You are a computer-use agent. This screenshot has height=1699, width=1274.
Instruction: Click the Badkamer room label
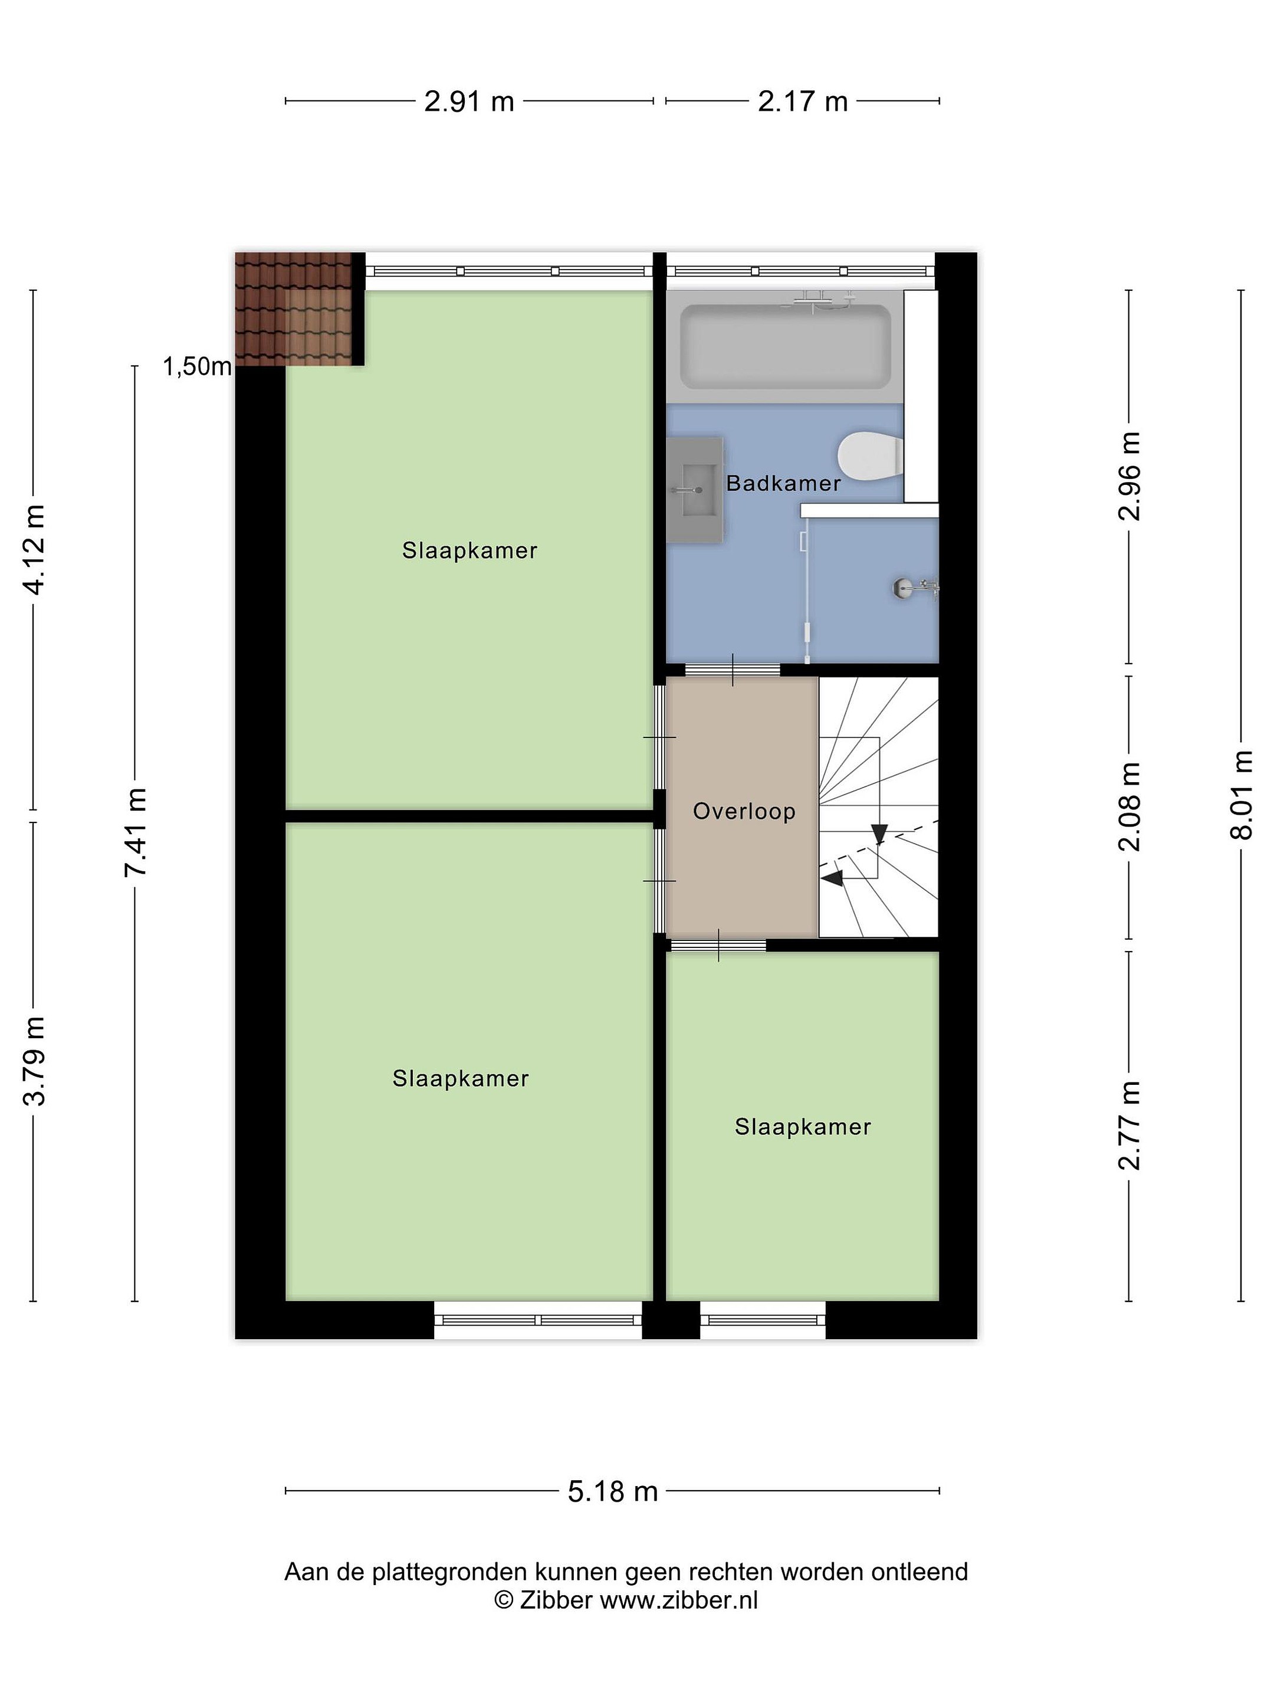[x=783, y=483]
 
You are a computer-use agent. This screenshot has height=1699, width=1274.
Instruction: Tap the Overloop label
[x=743, y=811]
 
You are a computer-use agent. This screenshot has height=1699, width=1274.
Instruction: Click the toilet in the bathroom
[x=870, y=456]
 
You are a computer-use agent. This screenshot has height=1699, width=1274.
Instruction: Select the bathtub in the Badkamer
[x=785, y=346]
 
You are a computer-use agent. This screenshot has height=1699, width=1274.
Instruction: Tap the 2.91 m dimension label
[x=469, y=101]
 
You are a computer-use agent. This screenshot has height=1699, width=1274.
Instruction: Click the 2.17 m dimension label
[x=803, y=101]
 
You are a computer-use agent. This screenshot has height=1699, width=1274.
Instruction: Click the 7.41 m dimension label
[x=137, y=832]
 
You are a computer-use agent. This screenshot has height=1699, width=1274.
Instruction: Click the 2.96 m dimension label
[x=1129, y=475]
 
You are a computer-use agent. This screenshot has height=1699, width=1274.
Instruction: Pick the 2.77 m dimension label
[x=1129, y=1125]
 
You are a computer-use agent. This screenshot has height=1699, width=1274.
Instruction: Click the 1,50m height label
[x=196, y=367]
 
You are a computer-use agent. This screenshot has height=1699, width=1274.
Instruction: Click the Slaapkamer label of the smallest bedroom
[x=803, y=1127]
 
